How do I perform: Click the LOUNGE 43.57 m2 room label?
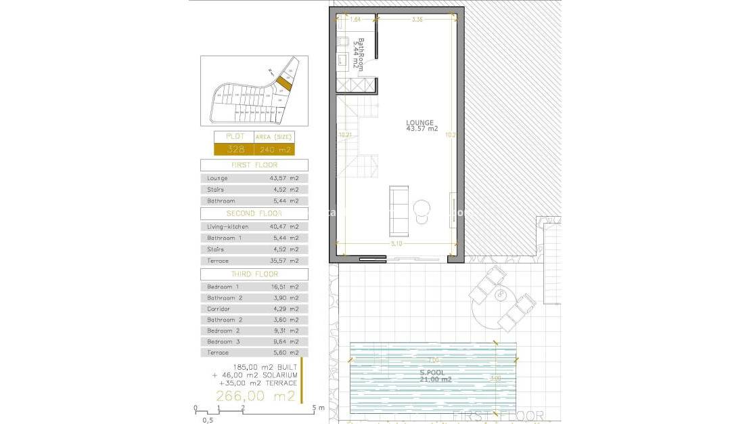click(x=422, y=125)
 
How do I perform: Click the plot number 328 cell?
click(x=233, y=150)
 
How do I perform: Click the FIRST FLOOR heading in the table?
click(x=254, y=165)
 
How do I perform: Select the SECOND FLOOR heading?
click(x=254, y=213)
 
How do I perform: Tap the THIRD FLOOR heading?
click(x=254, y=274)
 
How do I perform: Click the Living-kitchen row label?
click(x=227, y=227)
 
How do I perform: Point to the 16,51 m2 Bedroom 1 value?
click(x=284, y=287)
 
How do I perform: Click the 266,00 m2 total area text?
click(x=255, y=396)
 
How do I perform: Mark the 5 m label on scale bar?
click(x=318, y=408)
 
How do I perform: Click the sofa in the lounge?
click(x=398, y=207)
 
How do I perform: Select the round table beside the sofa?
click(x=423, y=207)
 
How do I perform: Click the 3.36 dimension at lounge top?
click(x=417, y=20)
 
